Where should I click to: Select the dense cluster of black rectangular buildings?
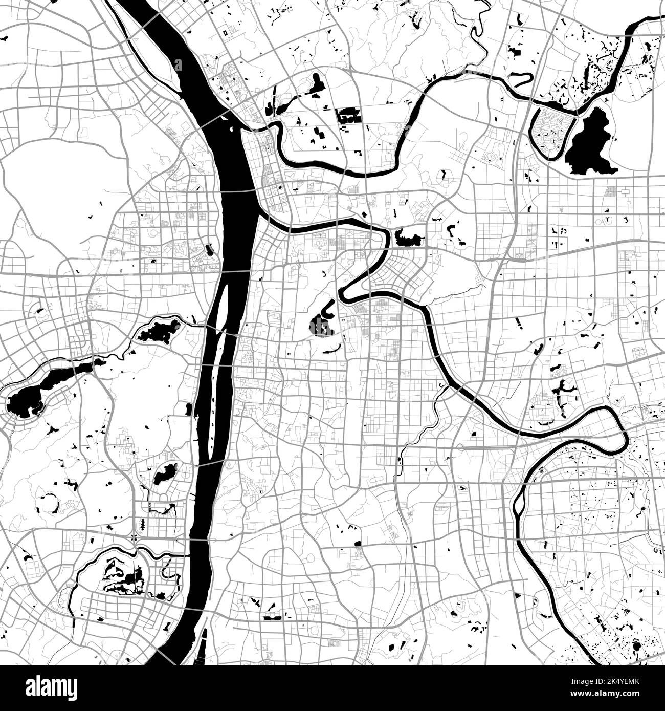pyautogui.click(x=348, y=115)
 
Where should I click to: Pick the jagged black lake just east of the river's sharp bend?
pyautogui.click(x=408, y=238)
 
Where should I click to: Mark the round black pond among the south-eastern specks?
pyautogui.click(x=636, y=647)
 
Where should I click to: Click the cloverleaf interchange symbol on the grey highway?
pyautogui.click(x=134, y=537)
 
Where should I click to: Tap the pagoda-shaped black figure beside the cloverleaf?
pyautogui.click(x=143, y=524)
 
